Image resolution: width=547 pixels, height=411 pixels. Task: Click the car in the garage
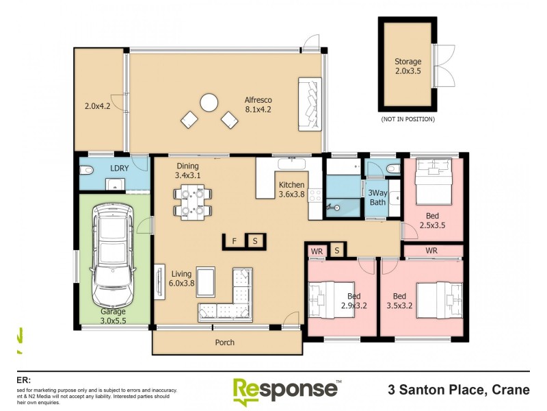coord(113,257)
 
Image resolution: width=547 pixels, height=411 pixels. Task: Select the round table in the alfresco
coord(209,103)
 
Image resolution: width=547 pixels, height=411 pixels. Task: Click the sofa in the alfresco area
coord(310,105)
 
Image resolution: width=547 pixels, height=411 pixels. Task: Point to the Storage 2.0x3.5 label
coord(408,66)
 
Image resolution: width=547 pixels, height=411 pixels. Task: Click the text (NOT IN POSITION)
coord(408,119)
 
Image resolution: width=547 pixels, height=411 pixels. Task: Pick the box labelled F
coord(235,241)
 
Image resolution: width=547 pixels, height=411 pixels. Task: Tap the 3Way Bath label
coord(378,197)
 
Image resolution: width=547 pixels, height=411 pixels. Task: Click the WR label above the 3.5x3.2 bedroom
coord(431,251)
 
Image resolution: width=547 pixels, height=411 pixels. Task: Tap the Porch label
coord(224,342)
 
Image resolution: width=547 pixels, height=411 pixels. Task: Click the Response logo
coord(286,390)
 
